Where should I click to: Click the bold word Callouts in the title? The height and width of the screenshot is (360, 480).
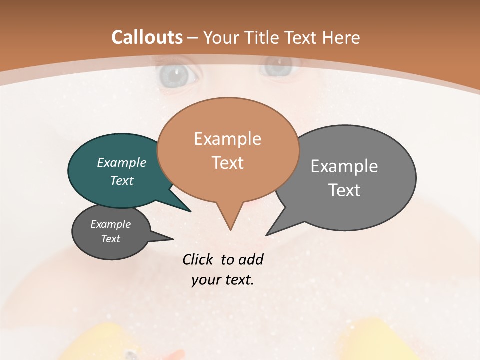pos(147,37)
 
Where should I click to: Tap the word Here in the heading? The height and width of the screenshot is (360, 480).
pos(341,38)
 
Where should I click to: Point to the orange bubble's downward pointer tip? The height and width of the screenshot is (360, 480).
pos(230,230)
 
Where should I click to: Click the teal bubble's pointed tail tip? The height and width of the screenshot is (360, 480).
pos(190,211)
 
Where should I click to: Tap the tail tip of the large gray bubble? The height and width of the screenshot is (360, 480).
pos(267,235)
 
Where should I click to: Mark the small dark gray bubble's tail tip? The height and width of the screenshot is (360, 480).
pos(173,239)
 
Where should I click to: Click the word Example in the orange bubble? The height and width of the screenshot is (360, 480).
pos(227,139)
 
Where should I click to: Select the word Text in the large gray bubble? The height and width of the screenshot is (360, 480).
pos(344,190)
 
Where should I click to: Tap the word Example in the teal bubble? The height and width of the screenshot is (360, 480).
pos(122,163)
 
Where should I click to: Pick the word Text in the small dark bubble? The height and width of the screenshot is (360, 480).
pos(111,239)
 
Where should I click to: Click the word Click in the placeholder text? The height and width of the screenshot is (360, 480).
pos(199,259)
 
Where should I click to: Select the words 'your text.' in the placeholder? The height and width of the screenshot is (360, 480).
pos(223,280)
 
